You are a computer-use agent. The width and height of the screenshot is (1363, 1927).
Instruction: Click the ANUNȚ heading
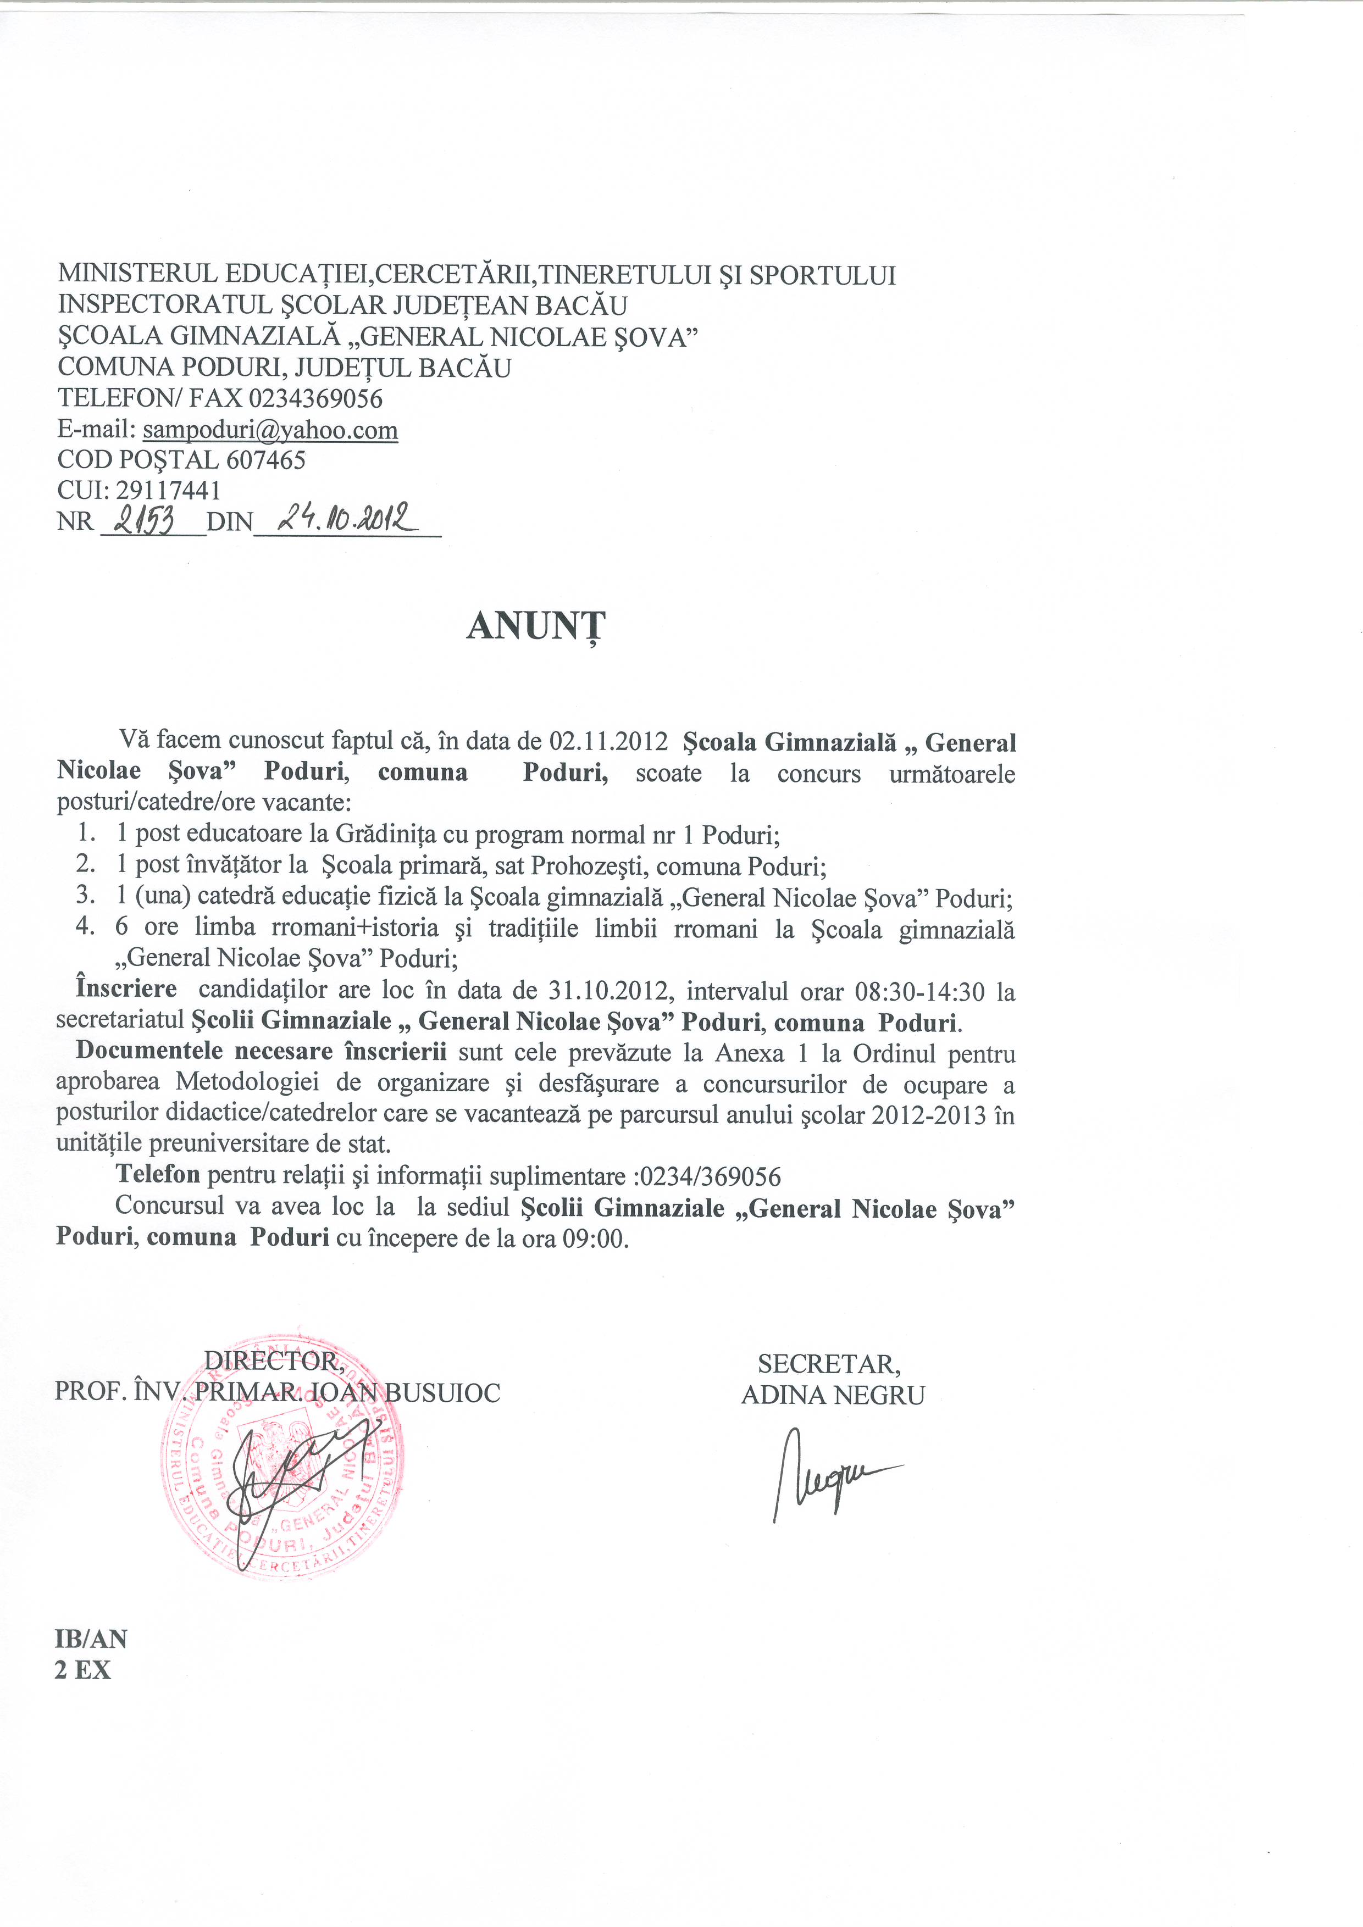tap(535, 626)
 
